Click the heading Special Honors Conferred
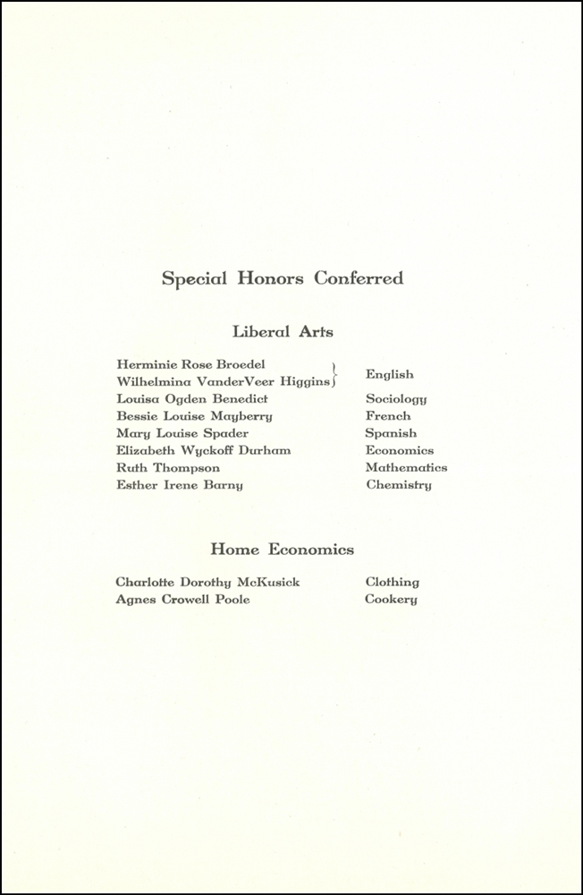pos(283,278)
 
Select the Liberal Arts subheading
pos(283,332)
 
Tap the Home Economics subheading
pos(283,550)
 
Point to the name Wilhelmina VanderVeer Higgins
pos(223,382)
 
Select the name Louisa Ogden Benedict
pos(192,399)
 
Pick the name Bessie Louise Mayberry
pos(194,416)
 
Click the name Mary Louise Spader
pos(182,434)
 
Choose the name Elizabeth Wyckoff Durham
pos(203,451)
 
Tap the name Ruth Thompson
pos(168,468)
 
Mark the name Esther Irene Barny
pos(180,485)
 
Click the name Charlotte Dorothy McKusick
pos(207,583)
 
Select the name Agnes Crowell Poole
pos(182,600)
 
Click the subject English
pos(389,374)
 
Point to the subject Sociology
pos(396,399)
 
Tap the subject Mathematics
pos(406,468)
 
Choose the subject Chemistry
pos(398,485)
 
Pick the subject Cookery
pos(391,600)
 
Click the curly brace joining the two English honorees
pos(334,374)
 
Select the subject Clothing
pos(392,583)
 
